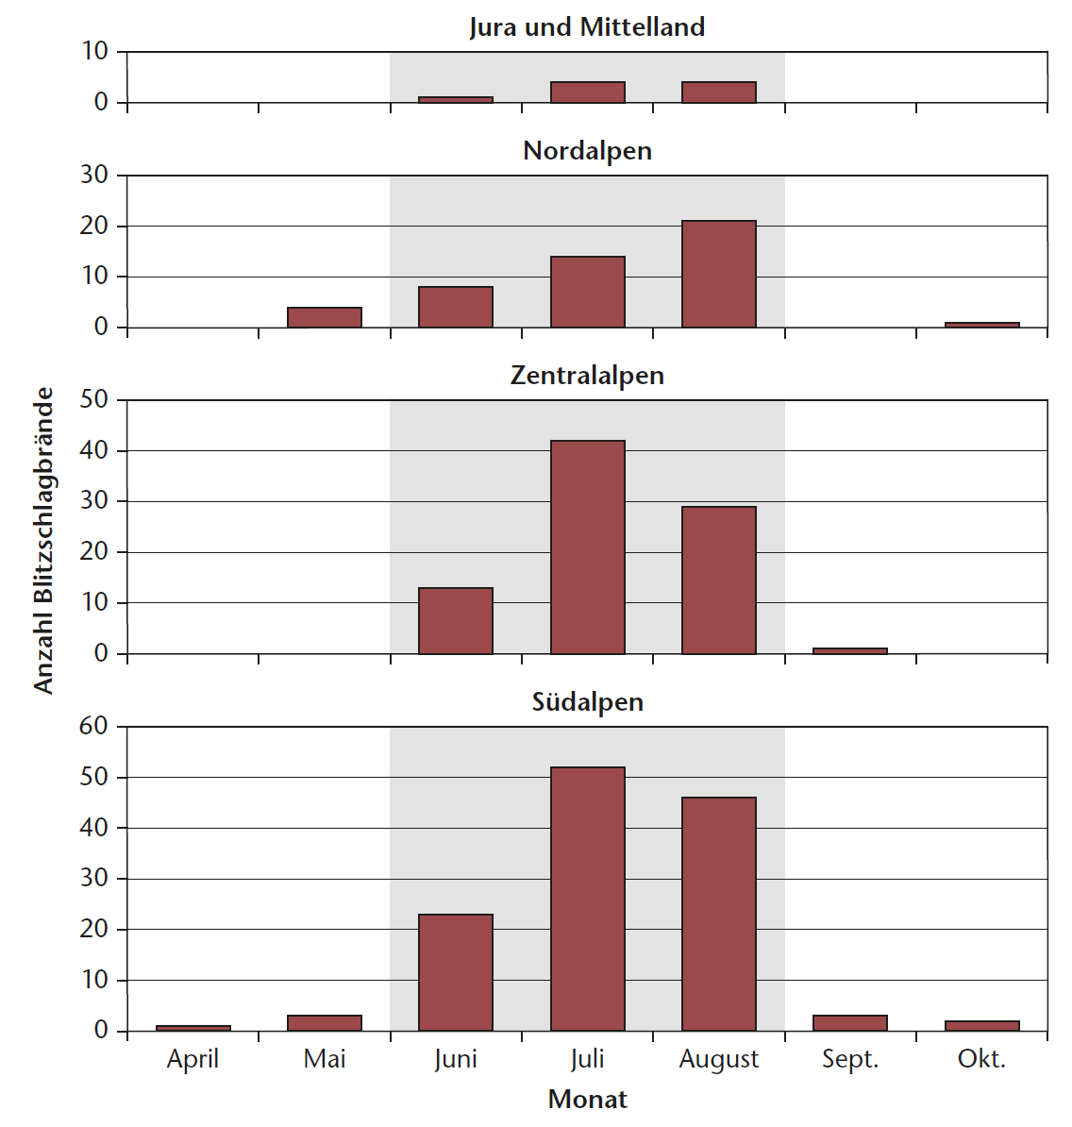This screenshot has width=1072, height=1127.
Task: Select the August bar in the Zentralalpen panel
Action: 718,580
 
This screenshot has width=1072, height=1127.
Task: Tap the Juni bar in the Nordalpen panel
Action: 456,307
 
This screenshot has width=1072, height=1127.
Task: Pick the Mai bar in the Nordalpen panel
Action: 325,317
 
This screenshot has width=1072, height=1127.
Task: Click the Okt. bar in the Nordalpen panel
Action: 981,325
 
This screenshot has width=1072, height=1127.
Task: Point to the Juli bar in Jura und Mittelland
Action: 587,93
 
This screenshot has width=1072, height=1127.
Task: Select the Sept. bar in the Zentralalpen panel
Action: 849,650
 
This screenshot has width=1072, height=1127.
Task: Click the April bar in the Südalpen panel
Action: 193,1028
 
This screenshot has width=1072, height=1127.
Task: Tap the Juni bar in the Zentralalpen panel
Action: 456,620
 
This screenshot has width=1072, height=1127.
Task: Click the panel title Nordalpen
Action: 587,151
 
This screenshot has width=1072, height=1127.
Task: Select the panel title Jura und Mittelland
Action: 587,26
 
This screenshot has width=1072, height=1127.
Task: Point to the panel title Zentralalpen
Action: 587,376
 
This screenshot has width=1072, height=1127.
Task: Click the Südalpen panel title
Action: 587,702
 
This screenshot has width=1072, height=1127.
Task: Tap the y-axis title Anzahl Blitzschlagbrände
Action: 43,540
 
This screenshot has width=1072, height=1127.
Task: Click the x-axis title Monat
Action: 587,1100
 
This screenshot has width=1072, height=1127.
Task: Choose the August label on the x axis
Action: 718,1060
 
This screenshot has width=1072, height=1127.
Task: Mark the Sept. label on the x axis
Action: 849,1059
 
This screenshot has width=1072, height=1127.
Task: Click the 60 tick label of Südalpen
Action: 94,726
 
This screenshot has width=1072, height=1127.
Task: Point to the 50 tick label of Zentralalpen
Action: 94,399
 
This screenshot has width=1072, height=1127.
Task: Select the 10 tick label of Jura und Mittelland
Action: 94,51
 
